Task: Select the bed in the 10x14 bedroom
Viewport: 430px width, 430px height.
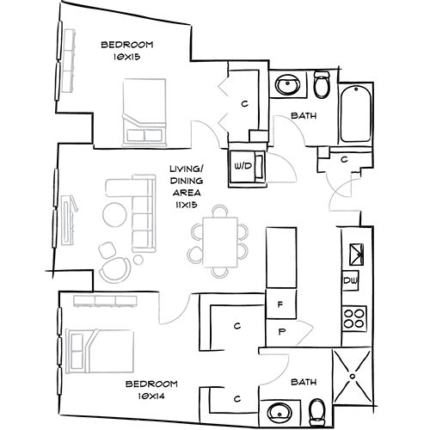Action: coord(99,348)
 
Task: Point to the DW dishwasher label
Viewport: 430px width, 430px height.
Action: coord(351,281)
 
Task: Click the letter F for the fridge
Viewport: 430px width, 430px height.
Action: coord(279,304)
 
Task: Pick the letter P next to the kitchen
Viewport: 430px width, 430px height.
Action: coord(279,331)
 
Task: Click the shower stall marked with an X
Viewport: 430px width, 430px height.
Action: coord(353,374)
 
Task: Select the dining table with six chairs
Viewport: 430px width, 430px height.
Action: coord(219,239)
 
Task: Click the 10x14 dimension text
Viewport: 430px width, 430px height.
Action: coord(150,396)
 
